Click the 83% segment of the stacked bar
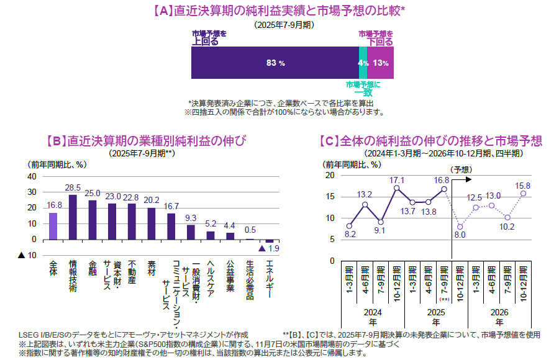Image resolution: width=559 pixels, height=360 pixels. point(275,63)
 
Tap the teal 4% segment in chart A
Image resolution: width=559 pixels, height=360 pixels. point(363,63)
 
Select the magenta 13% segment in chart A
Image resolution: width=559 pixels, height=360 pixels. point(381,63)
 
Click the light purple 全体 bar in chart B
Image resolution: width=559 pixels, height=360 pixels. point(53,226)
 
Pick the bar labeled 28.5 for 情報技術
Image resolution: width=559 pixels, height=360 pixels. point(73,217)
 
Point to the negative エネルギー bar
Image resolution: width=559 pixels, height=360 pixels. point(269,241)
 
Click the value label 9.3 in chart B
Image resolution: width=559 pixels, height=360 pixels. point(191,218)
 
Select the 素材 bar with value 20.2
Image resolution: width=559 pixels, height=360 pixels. point(152,223)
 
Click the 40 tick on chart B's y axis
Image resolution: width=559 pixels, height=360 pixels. point(32,176)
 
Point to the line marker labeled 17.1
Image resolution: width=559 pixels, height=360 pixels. point(396,188)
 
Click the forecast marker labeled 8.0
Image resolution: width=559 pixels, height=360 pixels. point(460,227)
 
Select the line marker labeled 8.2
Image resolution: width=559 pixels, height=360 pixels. point(349,226)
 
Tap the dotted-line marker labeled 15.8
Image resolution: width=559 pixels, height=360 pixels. point(524,193)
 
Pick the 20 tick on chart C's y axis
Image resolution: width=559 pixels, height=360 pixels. point(330,176)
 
